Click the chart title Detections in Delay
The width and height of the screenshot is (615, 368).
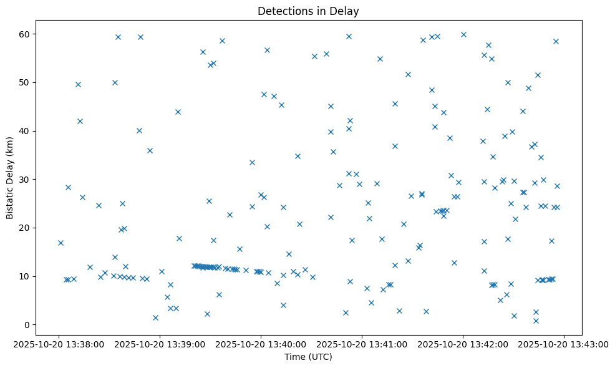[307, 11]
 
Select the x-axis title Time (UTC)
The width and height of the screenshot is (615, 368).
[307, 357]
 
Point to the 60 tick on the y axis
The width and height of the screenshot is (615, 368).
[27, 34]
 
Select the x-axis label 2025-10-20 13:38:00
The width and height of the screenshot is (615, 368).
[58, 344]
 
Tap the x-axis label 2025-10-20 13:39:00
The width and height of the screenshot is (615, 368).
[159, 344]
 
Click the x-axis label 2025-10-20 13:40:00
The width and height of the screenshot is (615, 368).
[261, 344]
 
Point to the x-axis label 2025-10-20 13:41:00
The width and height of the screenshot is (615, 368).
[362, 344]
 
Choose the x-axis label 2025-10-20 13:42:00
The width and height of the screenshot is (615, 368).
[463, 344]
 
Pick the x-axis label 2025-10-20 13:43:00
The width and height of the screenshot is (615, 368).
[564, 344]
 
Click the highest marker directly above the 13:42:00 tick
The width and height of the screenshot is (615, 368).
[463, 35]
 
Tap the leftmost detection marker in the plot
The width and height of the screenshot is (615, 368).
[61, 243]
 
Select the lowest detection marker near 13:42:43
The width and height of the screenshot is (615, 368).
[536, 321]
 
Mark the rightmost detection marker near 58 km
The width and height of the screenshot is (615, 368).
[556, 42]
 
